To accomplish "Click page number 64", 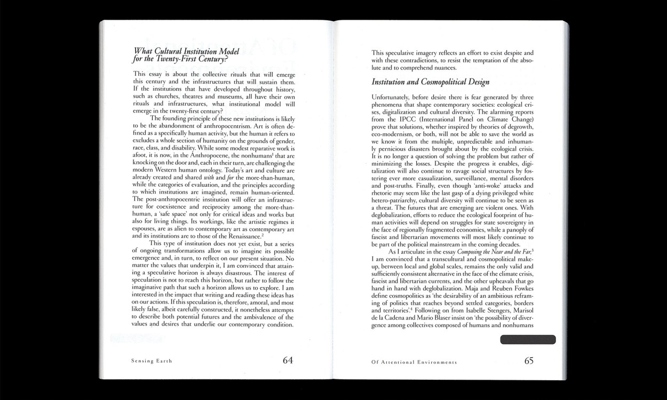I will [288, 360].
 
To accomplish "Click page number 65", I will [528, 360].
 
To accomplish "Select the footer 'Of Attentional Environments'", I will [414, 362].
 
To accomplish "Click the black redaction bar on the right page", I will [528, 340].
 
